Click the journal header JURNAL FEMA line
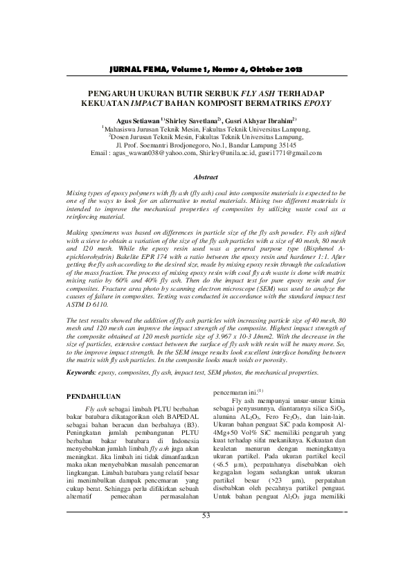pos(206,71)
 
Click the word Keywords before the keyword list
pos(82,373)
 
